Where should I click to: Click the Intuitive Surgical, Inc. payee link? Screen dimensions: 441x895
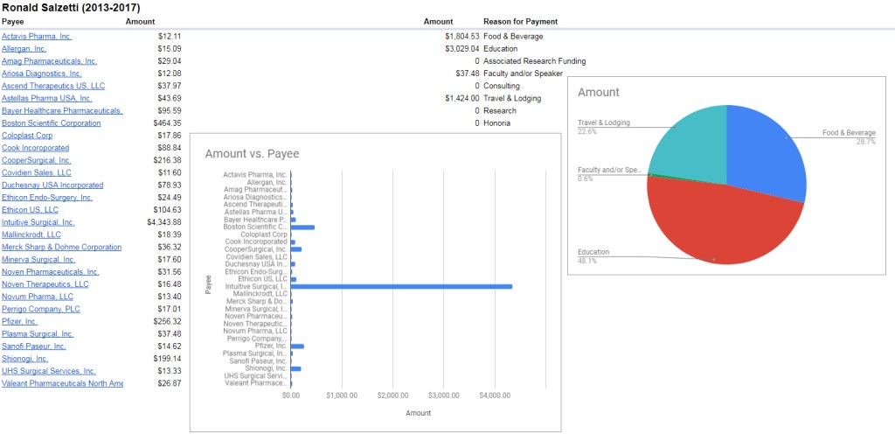tap(38, 222)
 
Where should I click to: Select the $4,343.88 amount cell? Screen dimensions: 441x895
tap(164, 222)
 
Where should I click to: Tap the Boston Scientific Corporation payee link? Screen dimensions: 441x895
tap(51, 123)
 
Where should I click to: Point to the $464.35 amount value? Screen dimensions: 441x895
tap(166, 123)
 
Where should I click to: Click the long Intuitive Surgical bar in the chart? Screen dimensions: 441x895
tap(401, 286)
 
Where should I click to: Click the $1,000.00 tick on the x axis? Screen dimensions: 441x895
tap(342, 395)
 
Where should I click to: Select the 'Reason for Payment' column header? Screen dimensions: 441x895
tap(520, 21)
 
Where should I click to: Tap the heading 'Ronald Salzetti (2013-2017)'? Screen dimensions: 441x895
tap(70, 7)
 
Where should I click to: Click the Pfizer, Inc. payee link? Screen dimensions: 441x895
tap(19, 321)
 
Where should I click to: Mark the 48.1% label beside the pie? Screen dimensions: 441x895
tap(587, 261)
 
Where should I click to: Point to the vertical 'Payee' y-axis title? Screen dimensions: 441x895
tap(208, 283)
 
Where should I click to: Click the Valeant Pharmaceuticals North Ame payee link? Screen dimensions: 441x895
tap(62, 383)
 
